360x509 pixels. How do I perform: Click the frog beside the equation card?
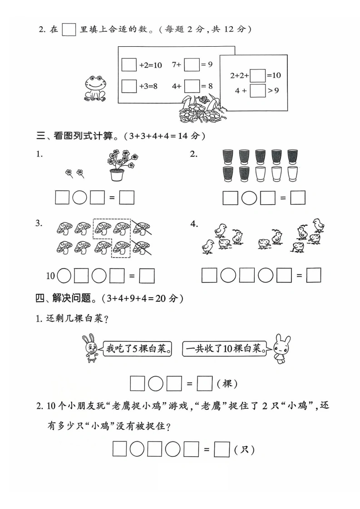95,88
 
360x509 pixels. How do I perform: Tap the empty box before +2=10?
129,64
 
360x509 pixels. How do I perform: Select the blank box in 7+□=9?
192,64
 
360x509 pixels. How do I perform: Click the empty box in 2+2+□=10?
258,75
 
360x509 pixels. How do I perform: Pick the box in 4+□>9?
258,91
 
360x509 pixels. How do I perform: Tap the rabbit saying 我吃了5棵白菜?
91,348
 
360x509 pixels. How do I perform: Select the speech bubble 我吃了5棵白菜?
137,349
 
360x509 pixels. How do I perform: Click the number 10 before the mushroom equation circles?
50,276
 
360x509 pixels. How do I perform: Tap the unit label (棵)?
227,384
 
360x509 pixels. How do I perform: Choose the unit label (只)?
244,450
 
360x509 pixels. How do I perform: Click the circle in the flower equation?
79,197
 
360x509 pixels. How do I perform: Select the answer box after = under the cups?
298,197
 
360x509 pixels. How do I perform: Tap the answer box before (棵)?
205,383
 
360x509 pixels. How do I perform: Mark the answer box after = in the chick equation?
314,275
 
